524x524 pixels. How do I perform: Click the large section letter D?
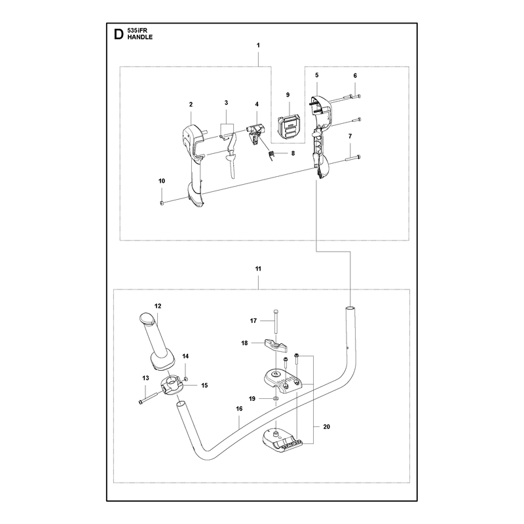[119, 35]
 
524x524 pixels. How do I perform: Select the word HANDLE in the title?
[140, 37]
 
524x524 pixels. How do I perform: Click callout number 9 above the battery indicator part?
[288, 95]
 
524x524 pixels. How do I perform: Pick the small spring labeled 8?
[272, 155]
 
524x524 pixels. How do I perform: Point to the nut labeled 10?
[162, 203]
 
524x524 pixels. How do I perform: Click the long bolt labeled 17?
[275, 321]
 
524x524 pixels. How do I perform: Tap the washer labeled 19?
[275, 399]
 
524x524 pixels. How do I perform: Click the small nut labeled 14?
[186, 379]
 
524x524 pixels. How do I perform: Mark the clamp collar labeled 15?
[172, 385]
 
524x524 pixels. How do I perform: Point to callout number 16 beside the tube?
[239, 408]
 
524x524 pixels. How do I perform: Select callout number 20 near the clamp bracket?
[326, 427]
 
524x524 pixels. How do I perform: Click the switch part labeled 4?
[255, 132]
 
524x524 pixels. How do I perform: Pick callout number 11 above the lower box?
[258, 269]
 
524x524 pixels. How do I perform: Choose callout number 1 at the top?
[258, 45]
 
